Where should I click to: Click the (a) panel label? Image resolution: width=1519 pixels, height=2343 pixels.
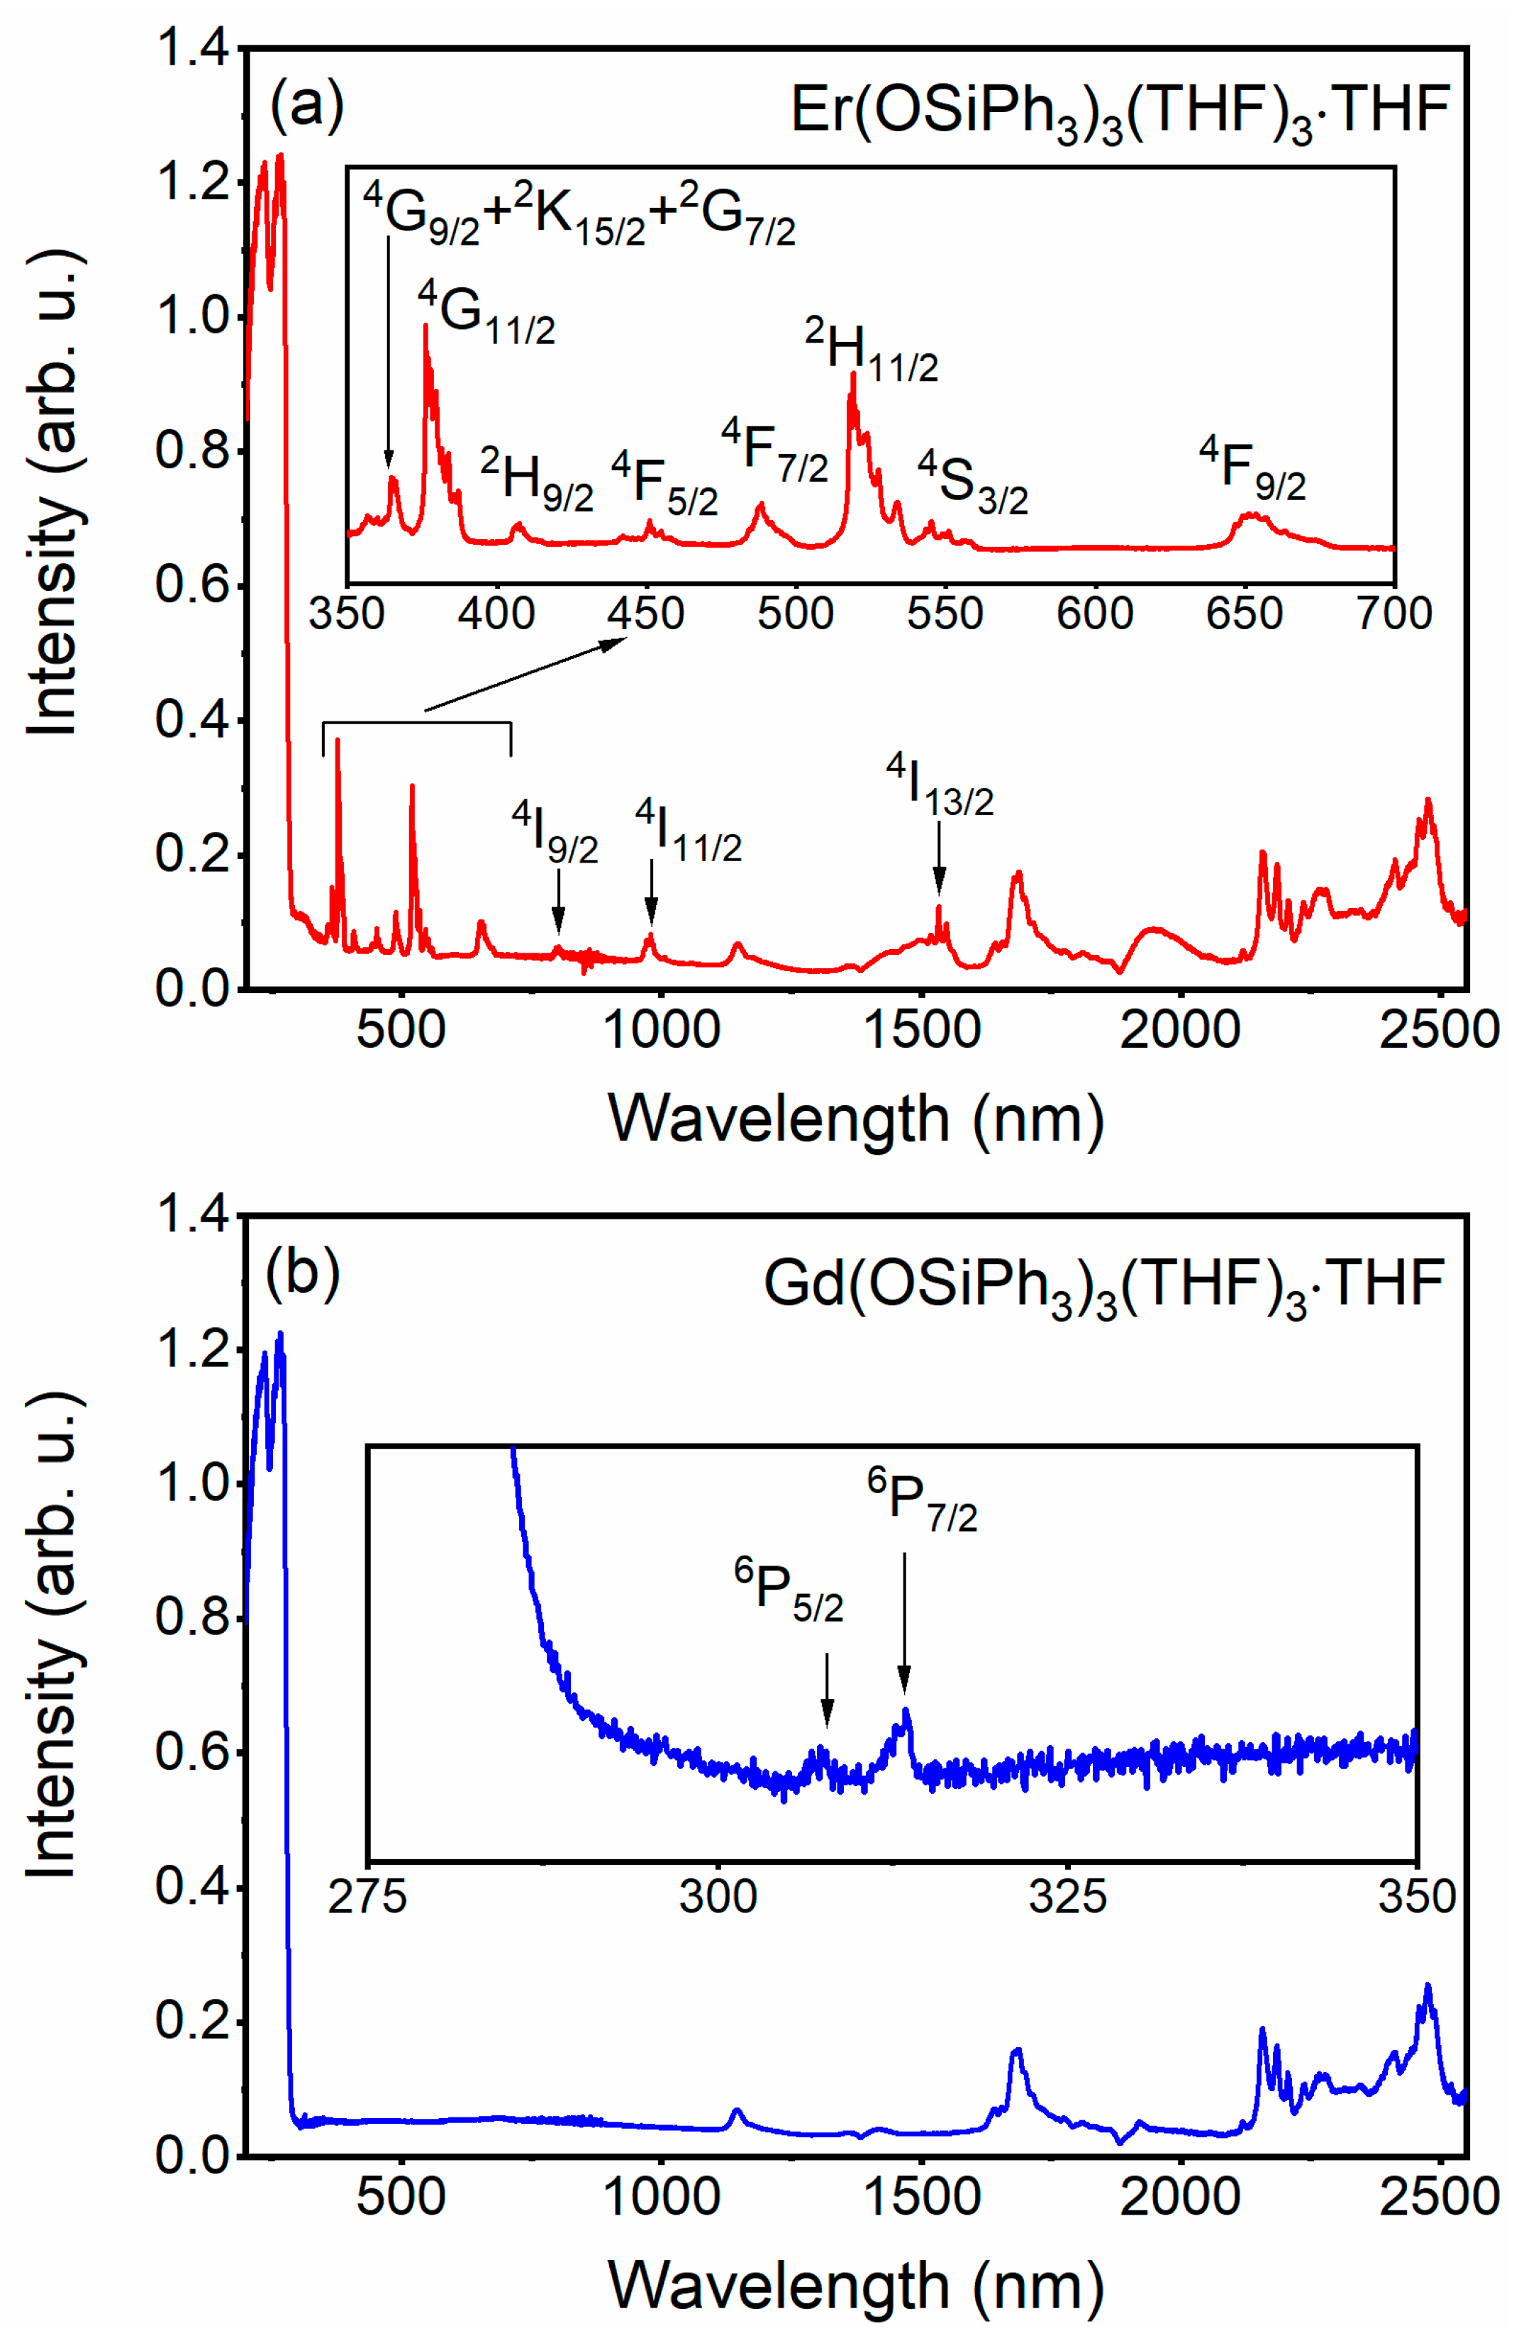tap(306, 104)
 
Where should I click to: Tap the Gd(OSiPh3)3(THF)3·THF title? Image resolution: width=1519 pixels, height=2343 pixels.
tap(1103, 1285)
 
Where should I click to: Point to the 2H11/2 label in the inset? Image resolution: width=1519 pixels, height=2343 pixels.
tap(872, 350)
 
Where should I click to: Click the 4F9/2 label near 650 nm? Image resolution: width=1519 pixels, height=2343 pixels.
tap(1252, 470)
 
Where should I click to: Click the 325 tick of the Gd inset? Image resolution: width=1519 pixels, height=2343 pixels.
tap(1067, 1896)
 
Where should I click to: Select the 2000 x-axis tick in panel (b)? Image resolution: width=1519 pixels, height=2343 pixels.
tap(1179, 2195)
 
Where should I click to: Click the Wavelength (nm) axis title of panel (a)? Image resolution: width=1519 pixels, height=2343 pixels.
tap(855, 1119)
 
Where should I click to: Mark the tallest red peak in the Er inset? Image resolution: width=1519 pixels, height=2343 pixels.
tap(425, 327)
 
